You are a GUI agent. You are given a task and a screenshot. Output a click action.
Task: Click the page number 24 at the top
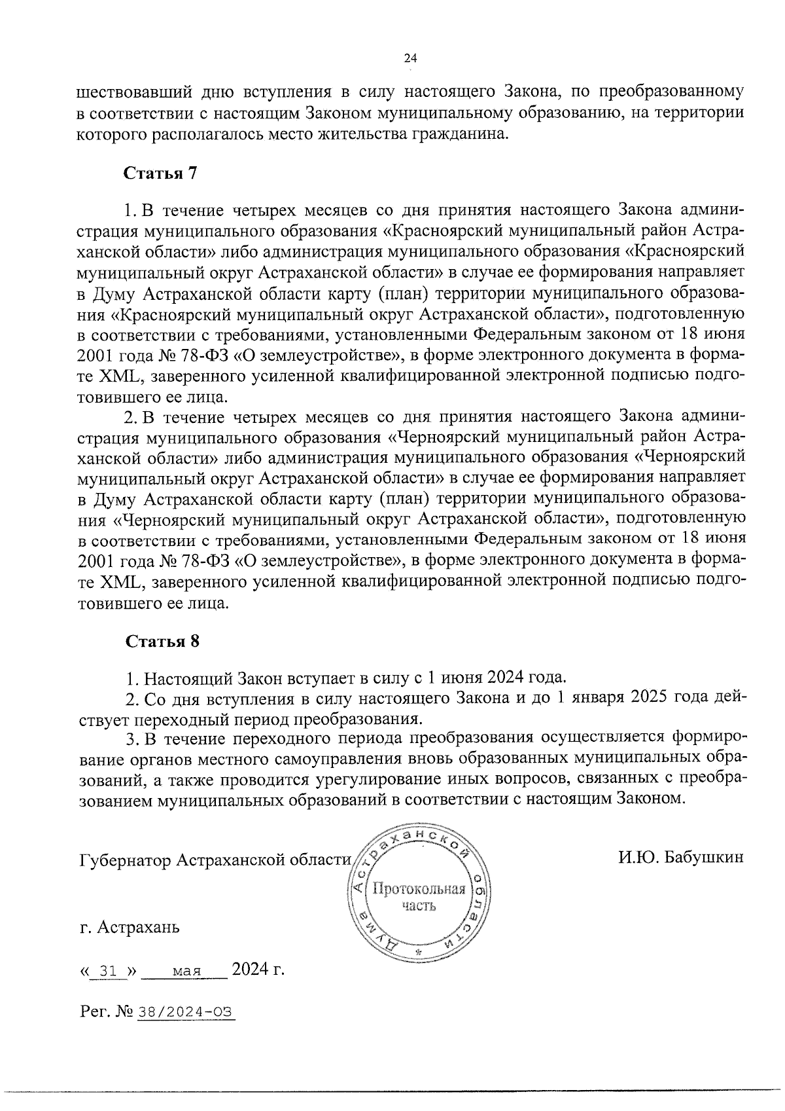click(x=411, y=59)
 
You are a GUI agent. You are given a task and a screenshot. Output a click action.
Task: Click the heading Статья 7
click(x=160, y=173)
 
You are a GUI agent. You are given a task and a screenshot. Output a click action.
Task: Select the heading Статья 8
click(x=162, y=641)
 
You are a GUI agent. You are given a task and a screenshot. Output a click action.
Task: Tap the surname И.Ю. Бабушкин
click(x=680, y=857)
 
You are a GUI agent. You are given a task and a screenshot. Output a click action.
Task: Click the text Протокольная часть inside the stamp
click(x=419, y=897)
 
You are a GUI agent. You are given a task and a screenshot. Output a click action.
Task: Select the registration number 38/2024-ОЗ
click(x=185, y=1012)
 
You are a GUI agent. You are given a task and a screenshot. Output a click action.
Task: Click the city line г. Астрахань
click(x=129, y=928)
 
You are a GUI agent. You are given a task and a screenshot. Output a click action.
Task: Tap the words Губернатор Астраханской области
click(x=215, y=860)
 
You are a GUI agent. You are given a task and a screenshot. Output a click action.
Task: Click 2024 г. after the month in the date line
click(x=258, y=969)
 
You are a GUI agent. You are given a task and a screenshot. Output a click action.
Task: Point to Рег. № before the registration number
click(x=106, y=1012)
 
